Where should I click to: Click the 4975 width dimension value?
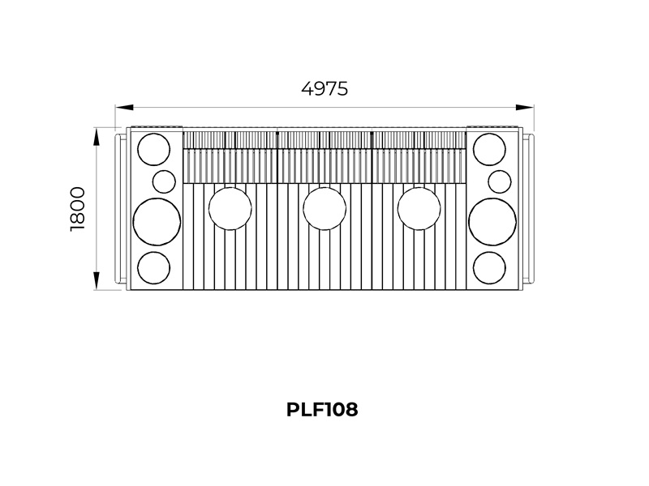[324, 89]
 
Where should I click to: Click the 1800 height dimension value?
[78, 209]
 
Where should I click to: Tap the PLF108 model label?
[322, 410]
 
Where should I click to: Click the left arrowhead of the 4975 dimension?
[124, 108]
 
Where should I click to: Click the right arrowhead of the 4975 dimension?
[525, 108]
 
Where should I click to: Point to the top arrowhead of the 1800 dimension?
[96, 136]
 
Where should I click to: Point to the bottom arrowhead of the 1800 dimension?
[96, 280]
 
